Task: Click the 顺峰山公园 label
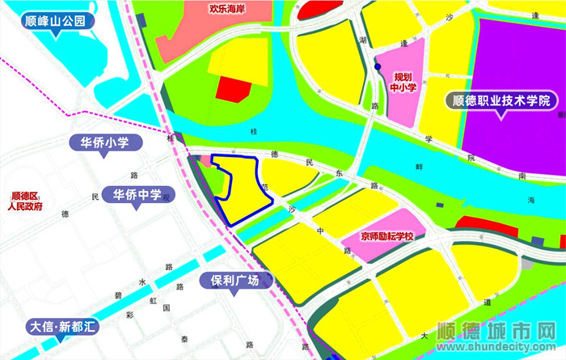pos(55,21)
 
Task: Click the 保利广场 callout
pos(235,282)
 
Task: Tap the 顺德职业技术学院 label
pos(501,102)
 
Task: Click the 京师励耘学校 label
pos(387,237)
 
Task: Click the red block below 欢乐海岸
pos(234,88)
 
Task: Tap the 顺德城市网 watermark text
pos(496,332)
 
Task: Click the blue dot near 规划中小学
pos(378,67)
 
